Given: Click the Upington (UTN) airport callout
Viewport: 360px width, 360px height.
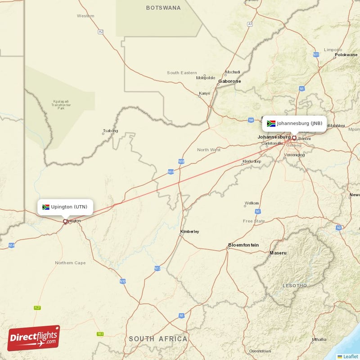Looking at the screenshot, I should coord(65,207).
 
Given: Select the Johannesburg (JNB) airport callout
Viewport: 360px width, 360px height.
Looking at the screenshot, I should coord(294,123).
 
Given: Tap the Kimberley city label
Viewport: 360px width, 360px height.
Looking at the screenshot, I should coord(189,232).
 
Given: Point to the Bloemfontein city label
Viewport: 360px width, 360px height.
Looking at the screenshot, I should coord(243,245).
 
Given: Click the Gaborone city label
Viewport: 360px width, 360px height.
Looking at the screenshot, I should coord(229,81).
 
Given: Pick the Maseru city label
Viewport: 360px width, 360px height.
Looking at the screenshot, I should coord(278,253).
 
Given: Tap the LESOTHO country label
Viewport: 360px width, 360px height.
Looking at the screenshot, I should coord(295,286).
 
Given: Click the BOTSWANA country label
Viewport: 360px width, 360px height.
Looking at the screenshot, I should coord(163,8).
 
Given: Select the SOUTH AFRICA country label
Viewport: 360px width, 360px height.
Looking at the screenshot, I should coord(158,338).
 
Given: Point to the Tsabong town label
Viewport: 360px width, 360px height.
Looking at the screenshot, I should coord(110,131).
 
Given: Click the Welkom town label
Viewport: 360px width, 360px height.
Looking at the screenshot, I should coord(252,203).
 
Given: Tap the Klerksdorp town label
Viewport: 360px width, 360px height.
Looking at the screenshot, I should coord(252,161).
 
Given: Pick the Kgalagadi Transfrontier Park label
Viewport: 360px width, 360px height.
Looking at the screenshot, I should coord(61,105).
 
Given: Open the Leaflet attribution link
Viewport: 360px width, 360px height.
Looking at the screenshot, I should coord(351,356).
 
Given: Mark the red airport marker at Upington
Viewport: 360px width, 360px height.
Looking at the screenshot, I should coord(65,221).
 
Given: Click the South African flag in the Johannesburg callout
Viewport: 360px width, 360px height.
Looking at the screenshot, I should coord(271,123).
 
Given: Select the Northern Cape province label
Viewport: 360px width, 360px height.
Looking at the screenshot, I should coord(70,262).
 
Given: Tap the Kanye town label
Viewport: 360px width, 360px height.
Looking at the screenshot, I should coord(204,94).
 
